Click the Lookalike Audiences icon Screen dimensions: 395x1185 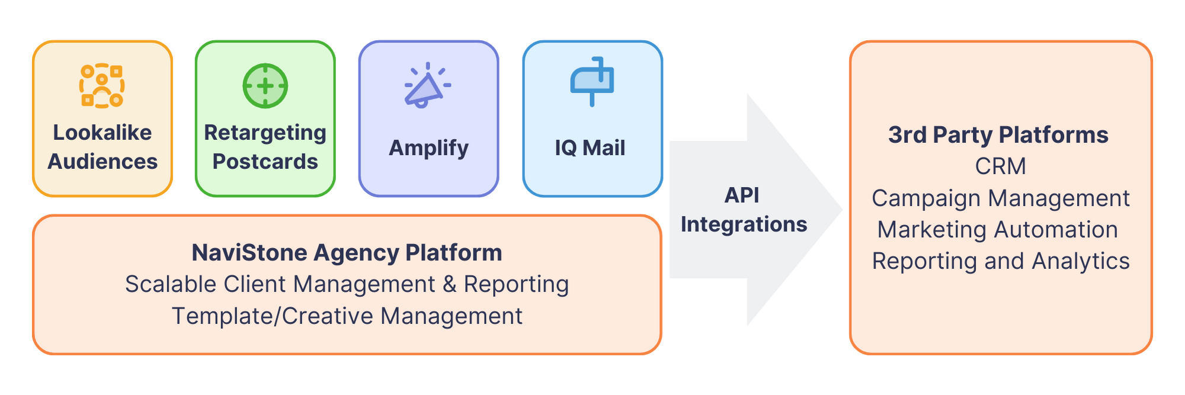click(x=102, y=86)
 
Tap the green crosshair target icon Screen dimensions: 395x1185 click(x=265, y=86)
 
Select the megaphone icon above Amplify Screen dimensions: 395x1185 click(x=427, y=86)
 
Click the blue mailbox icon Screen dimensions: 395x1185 click(x=591, y=82)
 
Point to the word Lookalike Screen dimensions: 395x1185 click(x=102, y=133)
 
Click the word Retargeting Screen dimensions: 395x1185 click(x=265, y=133)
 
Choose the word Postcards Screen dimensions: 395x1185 click(x=265, y=162)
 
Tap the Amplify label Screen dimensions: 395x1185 click(x=428, y=148)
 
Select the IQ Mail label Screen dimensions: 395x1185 click(x=590, y=148)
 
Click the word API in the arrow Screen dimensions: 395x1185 click(x=741, y=195)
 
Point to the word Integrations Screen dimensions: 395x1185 click(x=744, y=224)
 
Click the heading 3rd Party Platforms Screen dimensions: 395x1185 click(x=998, y=135)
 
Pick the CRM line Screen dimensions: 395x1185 click(x=1000, y=166)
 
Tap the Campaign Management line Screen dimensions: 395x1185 click(x=1000, y=198)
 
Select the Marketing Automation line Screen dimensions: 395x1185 click(x=998, y=230)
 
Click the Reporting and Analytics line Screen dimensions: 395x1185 click(x=1000, y=261)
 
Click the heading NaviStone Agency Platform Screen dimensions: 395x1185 click(x=347, y=253)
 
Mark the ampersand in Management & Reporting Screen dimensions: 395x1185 click(x=450, y=284)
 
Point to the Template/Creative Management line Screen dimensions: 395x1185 click(x=347, y=316)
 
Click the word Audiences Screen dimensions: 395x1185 click(x=102, y=162)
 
